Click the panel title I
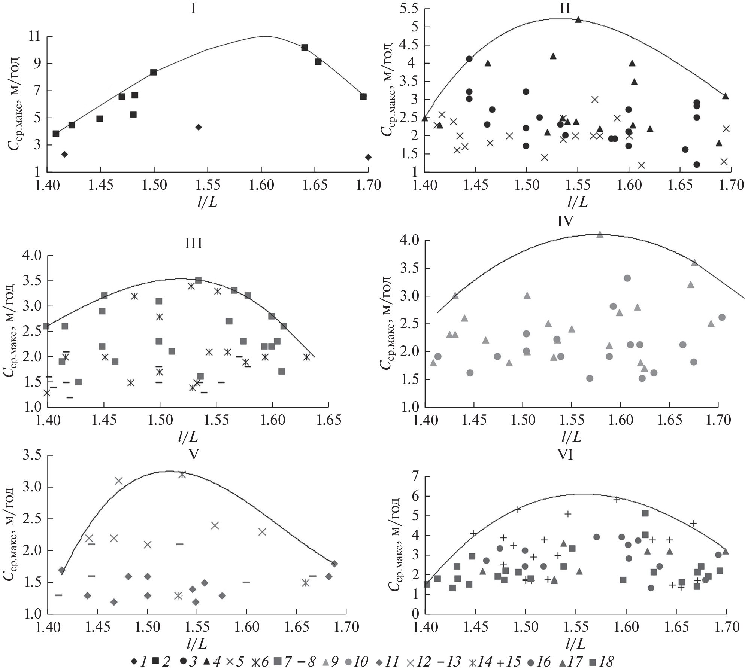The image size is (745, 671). [x=193, y=8]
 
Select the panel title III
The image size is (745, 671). [x=193, y=244]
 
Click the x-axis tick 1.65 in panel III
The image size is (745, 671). [x=328, y=420]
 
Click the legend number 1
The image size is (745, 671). [x=143, y=662]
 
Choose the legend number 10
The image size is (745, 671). [x=361, y=662]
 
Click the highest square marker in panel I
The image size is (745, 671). [x=305, y=48]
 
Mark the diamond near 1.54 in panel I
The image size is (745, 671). [x=199, y=127]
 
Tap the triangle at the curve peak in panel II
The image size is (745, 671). [x=578, y=19]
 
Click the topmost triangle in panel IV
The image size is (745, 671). [x=600, y=234]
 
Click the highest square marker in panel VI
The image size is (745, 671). [x=645, y=513]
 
